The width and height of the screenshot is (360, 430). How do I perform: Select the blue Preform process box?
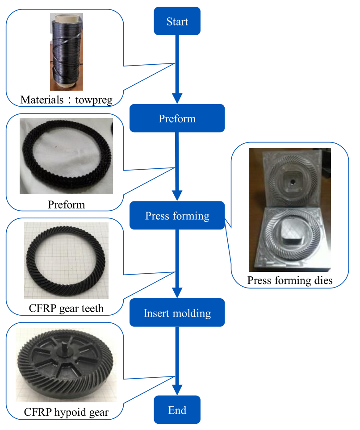point(177,118)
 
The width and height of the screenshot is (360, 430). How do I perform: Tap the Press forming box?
point(177,216)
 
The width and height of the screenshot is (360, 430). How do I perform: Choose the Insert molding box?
point(177,313)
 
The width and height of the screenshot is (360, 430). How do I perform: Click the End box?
point(177,410)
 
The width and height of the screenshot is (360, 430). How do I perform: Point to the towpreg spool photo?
point(67,52)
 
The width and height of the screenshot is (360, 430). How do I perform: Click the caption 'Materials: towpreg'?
point(66,99)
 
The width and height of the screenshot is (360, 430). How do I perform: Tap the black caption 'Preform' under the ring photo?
point(66,205)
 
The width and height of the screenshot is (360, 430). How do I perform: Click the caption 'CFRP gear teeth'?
point(66,308)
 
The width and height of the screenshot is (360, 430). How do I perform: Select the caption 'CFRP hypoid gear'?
point(66,412)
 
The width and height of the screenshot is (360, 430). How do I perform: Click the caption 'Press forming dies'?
point(290,281)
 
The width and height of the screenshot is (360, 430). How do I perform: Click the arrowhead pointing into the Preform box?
point(177,98)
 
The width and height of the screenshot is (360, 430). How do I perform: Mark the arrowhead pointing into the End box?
point(177,390)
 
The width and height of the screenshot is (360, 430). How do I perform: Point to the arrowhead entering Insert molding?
point(177,293)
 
